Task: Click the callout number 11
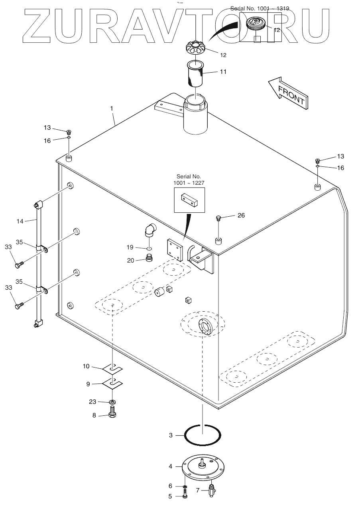click(x=223, y=71)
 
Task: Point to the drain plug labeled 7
click(x=212, y=489)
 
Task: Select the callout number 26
click(x=241, y=215)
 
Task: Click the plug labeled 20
click(x=150, y=258)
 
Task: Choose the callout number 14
click(x=20, y=221)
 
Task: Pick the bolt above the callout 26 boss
click(x=218, y=217)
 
